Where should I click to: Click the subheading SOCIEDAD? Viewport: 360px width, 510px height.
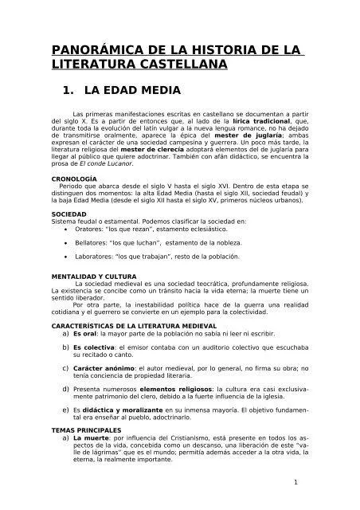point(69,215)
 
